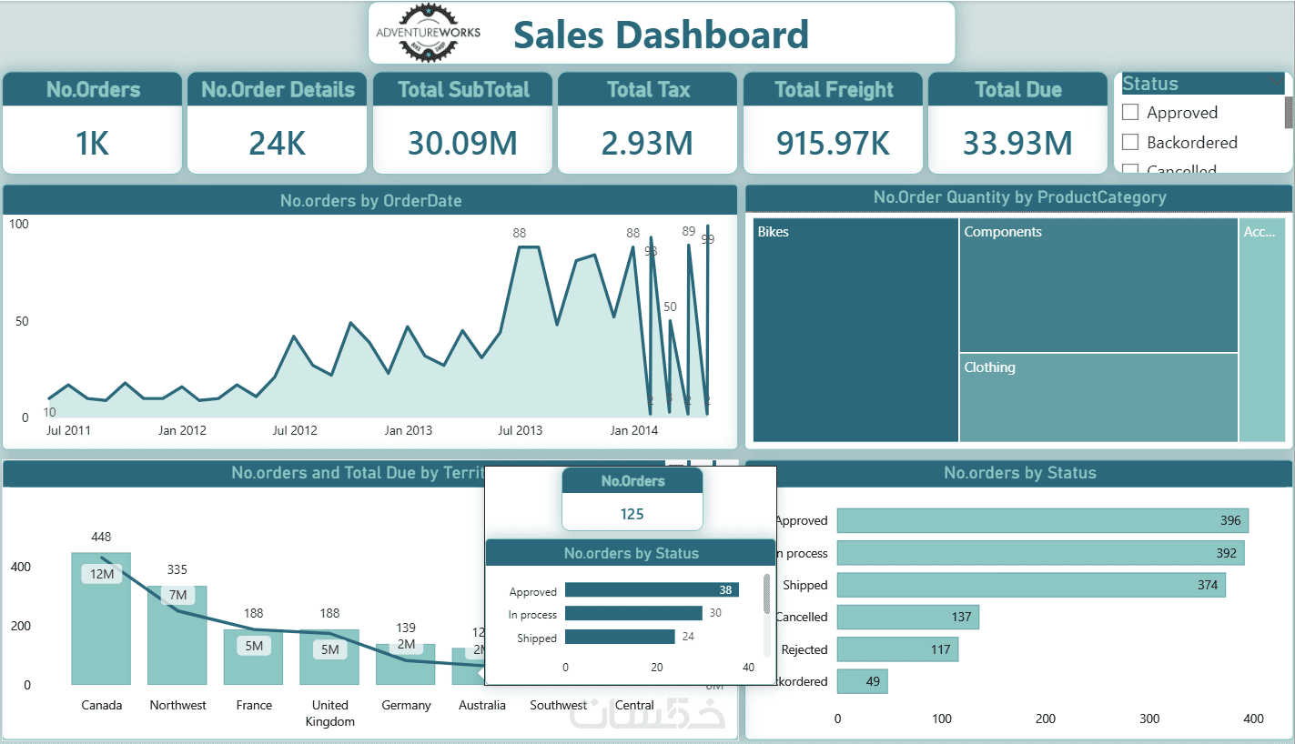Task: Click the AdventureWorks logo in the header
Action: (x=428, y=34)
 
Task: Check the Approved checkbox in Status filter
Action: (x=1131, y=113)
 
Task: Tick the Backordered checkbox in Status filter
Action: (x=1131, y=142)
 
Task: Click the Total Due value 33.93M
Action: (x=1017, y=143)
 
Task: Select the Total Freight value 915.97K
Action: (x=833, y=143)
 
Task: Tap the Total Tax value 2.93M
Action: (x=646, y=143)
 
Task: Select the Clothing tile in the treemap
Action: (x=1098, y=397)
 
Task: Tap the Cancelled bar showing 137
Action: (x=907, y=617)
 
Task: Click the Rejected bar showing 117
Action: (x=896, y=649)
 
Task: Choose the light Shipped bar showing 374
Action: (x=1030, y=585)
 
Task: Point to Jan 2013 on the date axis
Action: (x=408, y=430)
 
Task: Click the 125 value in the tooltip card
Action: (x=632, y=514)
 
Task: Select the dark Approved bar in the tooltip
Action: (x=651, y=590)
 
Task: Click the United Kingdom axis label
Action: (x=329, y=713)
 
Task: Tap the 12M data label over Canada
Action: (x=101, y=574)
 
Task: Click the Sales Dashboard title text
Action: (x=661, y=35)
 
